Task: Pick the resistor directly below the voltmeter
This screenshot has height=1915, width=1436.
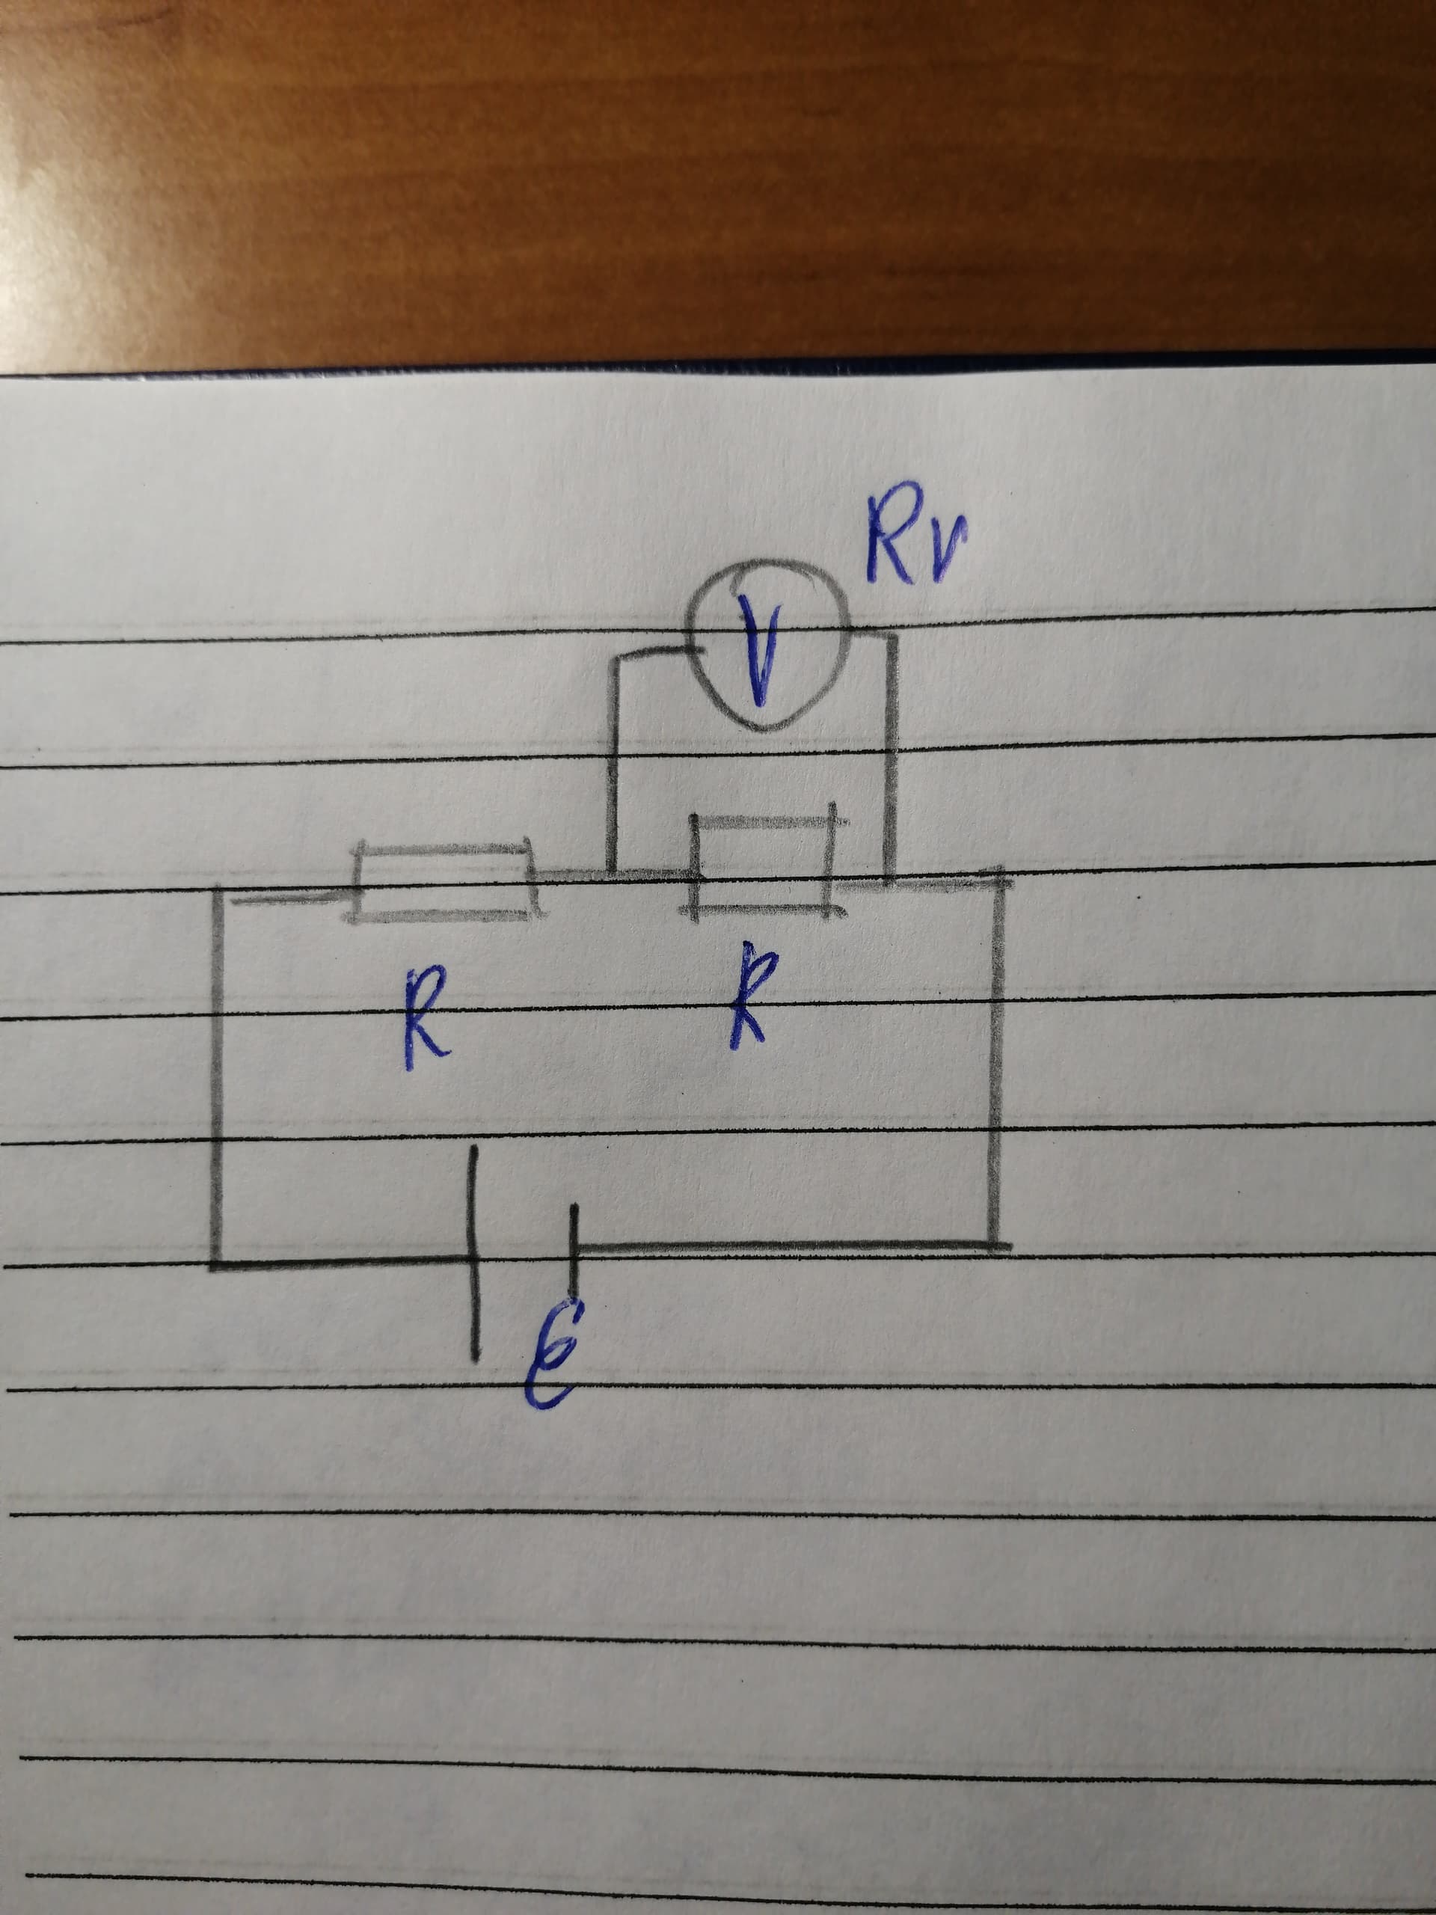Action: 763,865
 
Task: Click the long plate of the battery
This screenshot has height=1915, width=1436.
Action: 473,1253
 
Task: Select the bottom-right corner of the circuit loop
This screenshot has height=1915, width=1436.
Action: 996,1245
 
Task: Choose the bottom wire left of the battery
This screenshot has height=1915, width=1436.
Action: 343,1264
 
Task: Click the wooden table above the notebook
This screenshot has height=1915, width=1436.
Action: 719,173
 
